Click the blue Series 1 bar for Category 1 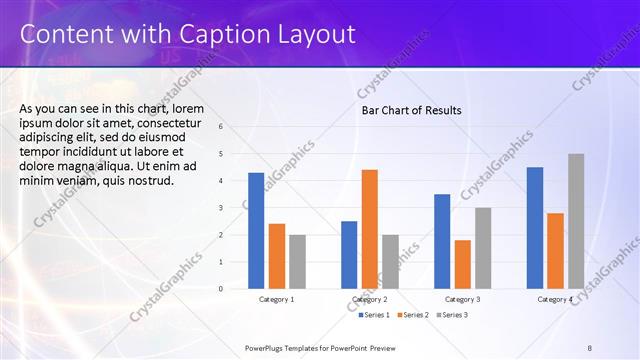tap(256, 231)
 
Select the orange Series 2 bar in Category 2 tap(369, 229)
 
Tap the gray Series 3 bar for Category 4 tap(576, 221)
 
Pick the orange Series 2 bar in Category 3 tap(462, 264)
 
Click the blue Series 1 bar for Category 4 tap(535, 228)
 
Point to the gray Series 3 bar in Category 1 tap(297, 262)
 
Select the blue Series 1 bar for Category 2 tap(349, 255)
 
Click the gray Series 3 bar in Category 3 tap(482, 248)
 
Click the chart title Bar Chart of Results tap(411, 110)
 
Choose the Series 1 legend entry tap(374, 315)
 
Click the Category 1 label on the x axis tap(276, 299)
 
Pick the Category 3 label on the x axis tap(462, 299)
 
